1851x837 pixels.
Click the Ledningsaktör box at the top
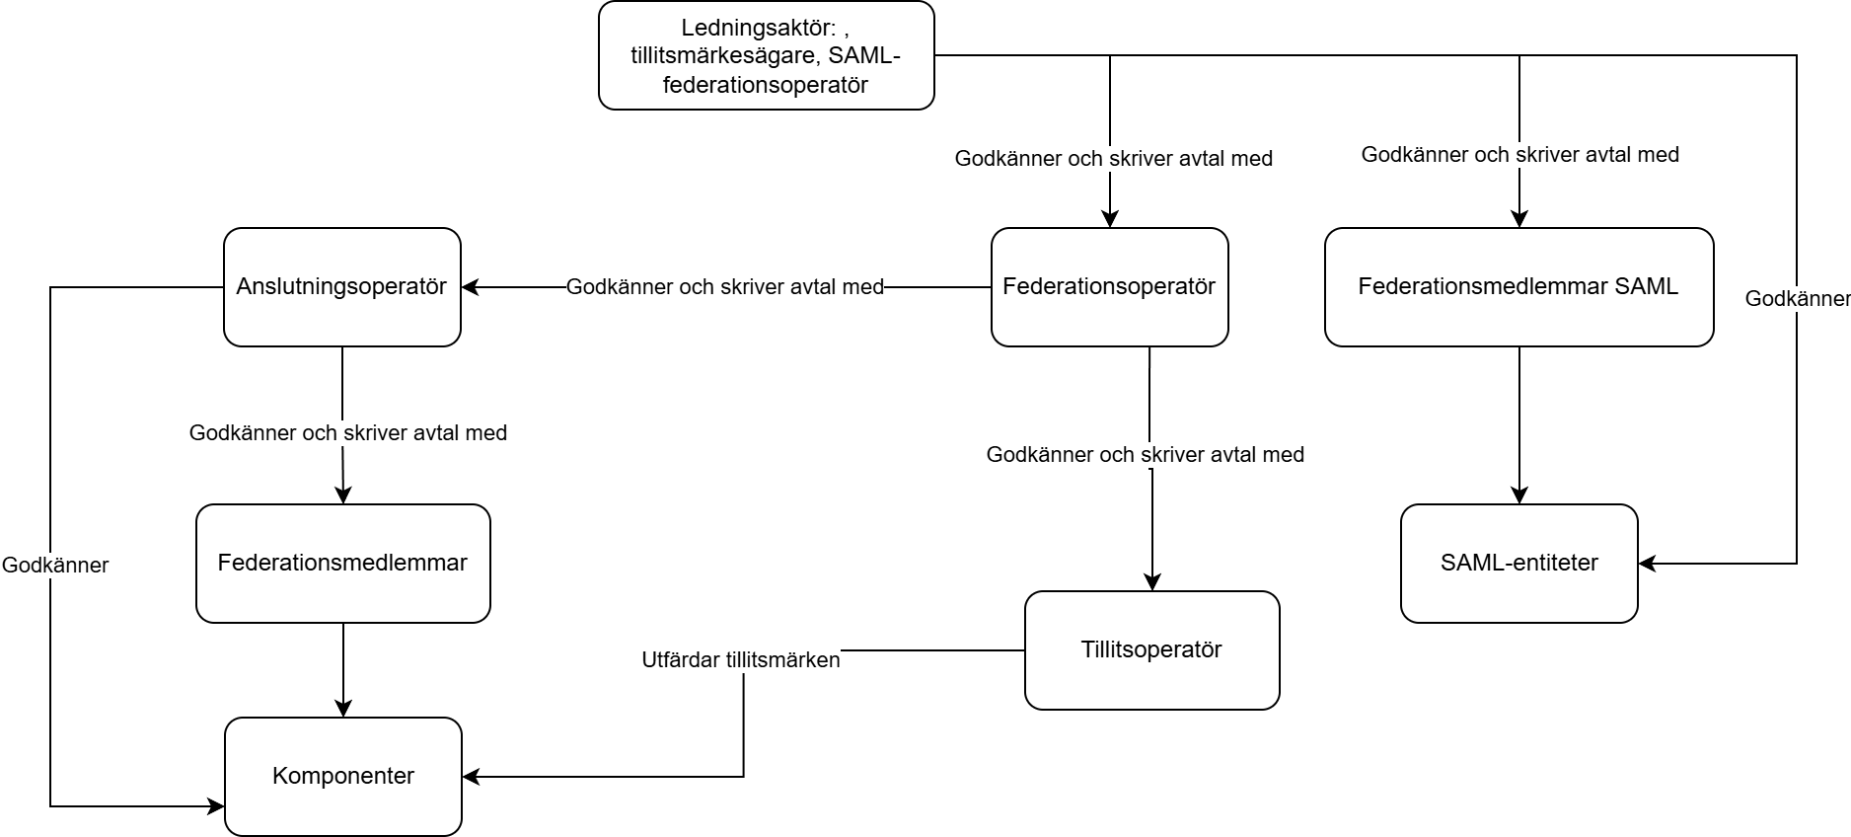(767, 55)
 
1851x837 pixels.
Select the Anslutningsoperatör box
(342, 287)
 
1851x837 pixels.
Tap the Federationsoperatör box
(1110, 287)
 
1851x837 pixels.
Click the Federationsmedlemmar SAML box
(1519, 287)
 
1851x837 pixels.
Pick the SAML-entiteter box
(1519, 564)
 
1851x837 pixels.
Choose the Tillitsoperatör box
(1152, 650)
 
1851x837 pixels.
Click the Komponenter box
(343, 777)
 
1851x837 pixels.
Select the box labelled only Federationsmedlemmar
(343, 564)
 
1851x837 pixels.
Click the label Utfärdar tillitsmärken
(741, 660)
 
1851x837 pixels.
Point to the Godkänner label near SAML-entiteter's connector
(1797, 299)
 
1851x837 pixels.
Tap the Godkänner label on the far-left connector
(55, 566)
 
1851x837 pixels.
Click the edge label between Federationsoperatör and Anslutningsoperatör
(725, 287)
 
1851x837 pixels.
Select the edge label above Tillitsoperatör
(1146, 455)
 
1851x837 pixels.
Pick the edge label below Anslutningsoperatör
(348, 433)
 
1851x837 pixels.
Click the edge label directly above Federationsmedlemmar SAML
(1520, 155)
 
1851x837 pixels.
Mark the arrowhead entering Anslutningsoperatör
(470, 287)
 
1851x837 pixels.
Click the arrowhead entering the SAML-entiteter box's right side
(1647, 564)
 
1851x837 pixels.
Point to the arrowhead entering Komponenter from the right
(471, 777)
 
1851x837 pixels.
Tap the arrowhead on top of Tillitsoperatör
(1152, 582)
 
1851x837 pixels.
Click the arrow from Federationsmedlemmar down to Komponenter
(343, 670)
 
